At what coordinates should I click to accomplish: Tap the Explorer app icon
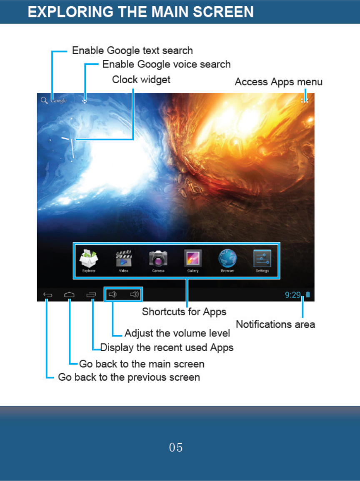(89, 259)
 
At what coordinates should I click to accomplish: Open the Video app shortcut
(124, 259)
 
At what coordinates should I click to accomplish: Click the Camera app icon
(158, 259)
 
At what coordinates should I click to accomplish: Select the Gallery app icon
(193, 259)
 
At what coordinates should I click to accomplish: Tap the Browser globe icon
(227, 259)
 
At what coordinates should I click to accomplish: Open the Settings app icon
(262, 259)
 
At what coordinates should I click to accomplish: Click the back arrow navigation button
(47, 295)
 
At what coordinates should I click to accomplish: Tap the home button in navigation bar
(69, 295)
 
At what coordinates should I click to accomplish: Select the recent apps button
(91, 295)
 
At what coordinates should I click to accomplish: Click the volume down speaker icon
(112, 295)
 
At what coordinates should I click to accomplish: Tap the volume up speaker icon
(134, 295)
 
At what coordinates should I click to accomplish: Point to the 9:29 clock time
(292, 295)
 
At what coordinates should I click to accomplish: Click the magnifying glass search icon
(44, 100)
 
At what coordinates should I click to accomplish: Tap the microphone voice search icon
(85, 100)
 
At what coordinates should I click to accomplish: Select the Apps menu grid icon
(305, 100)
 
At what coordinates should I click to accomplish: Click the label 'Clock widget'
(141, 79)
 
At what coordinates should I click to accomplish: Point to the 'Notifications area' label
(275, 324)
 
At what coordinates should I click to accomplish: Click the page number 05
(176, 448)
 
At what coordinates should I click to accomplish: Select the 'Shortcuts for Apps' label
(184, 312)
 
